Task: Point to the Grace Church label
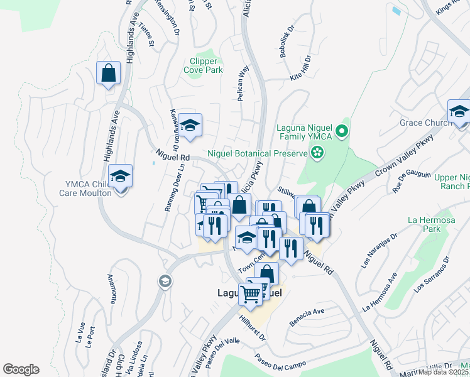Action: (x=425, y=123)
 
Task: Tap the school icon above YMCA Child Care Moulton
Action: (x=120, y=177)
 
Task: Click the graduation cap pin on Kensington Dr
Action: (x=190, y=124)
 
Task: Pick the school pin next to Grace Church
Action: (x=459, y=112)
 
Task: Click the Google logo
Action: (x=21, y=369)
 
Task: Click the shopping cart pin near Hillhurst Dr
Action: (x=250, y=293)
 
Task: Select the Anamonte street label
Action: (x=111, y=290)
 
